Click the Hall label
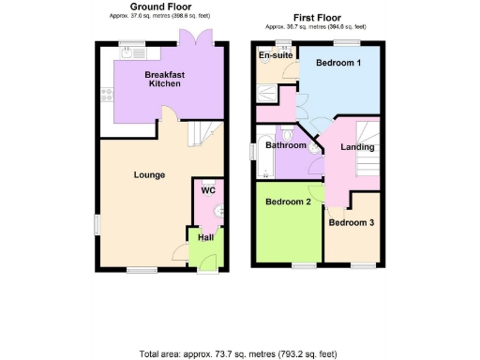(204, 237)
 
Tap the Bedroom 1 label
(337, 63)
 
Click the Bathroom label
(285, 145)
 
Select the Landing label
(357, 147)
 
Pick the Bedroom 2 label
(287, 202)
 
